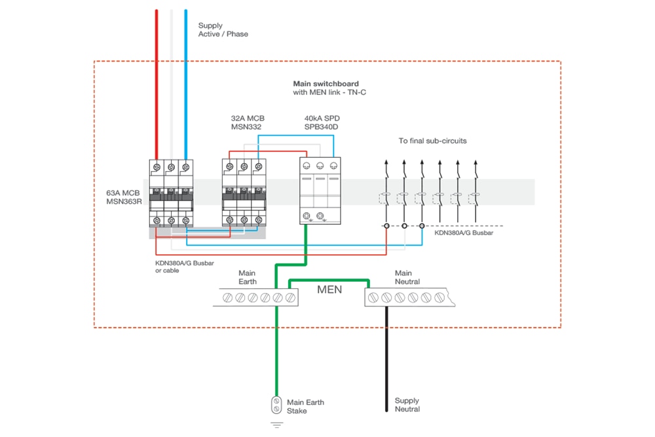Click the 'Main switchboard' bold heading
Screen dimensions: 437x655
326,84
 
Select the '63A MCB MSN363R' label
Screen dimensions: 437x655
123,197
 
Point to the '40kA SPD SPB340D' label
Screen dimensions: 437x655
321,123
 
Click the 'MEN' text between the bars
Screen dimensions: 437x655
329,289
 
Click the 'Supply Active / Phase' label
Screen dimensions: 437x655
223,29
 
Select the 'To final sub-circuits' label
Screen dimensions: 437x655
432,141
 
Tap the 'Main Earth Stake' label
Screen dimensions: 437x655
305,406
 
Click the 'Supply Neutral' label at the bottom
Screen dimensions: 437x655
407,405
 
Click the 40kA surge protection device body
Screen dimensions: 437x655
320,191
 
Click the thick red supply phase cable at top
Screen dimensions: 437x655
157,79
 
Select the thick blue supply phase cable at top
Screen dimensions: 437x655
186,79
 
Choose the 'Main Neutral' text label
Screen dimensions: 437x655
407,277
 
